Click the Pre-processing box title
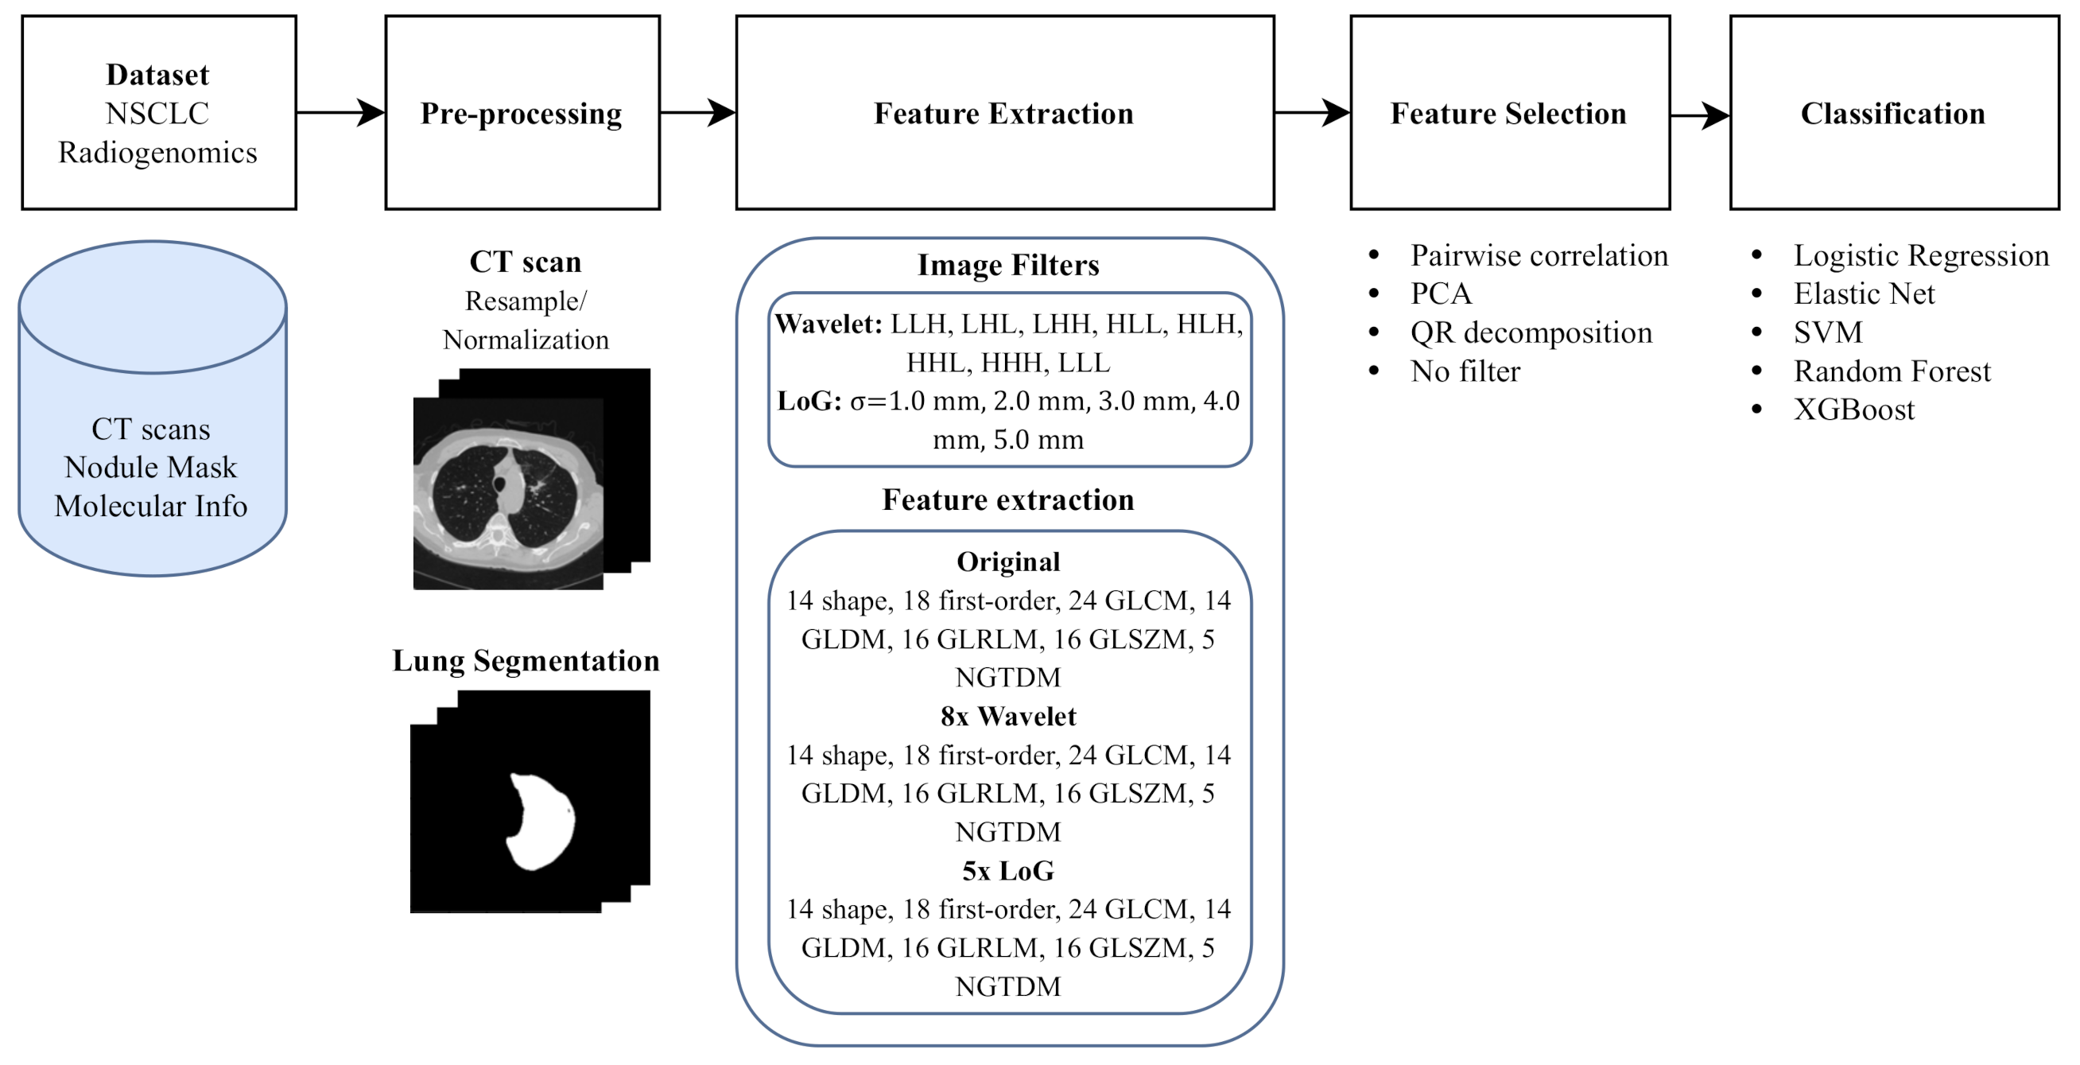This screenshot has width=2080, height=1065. pyautogui.click(x=521, y=114)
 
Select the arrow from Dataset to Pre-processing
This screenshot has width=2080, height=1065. pyautogui.click(x=340, y=112)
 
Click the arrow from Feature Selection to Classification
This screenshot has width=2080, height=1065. pyautogui.click(x=1698, y=115)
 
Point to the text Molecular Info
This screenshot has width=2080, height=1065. pyautogui.click(x=151, y=507)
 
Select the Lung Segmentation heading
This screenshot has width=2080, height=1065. pyautogui.click(x=526, y=660)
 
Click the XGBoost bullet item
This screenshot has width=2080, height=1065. pyautogui.click(x=1853, y=410)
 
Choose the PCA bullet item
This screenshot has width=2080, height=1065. pyautogui.click(x=1441, y=294)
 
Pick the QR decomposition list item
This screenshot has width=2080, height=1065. pyautogui.click(x=1530, y=332)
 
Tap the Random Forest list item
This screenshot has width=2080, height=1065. pyautogui.click(x=1891, y=371)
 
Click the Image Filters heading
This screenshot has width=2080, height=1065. pyautogui.click(x=1007, y=265)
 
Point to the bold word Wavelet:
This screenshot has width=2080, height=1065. pyautogui.click(x=829, y=324)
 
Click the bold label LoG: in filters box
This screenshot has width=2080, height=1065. pyautogui.click(x=809, y=402)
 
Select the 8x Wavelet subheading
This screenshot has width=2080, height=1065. pyautogui.click(x=1007, y=716)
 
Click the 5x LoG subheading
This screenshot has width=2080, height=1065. pyautogui.click(x=1007, y=870)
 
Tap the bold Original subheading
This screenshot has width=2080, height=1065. pyautogui.click(x=1007, y=562)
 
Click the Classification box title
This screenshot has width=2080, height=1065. pyautogui.click(x=1892, y=114)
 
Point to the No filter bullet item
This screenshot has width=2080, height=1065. pyautogui.click(x=1465, y=371)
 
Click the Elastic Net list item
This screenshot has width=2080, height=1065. pyautogui.click(x=1864, y=294)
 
